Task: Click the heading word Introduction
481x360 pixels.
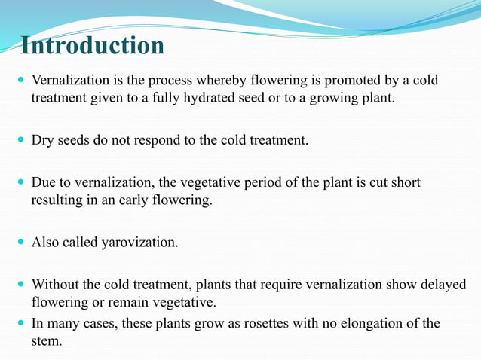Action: pos(92,46)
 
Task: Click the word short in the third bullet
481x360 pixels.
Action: pos(404,183)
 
